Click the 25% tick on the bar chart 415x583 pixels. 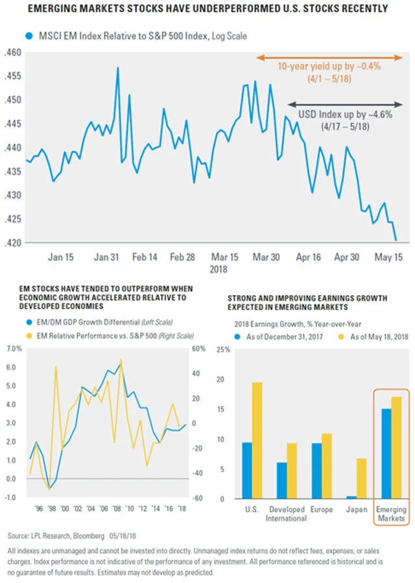coord(222,350)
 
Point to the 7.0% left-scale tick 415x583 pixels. coord(14,349)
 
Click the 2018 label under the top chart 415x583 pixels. coord(216,268)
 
